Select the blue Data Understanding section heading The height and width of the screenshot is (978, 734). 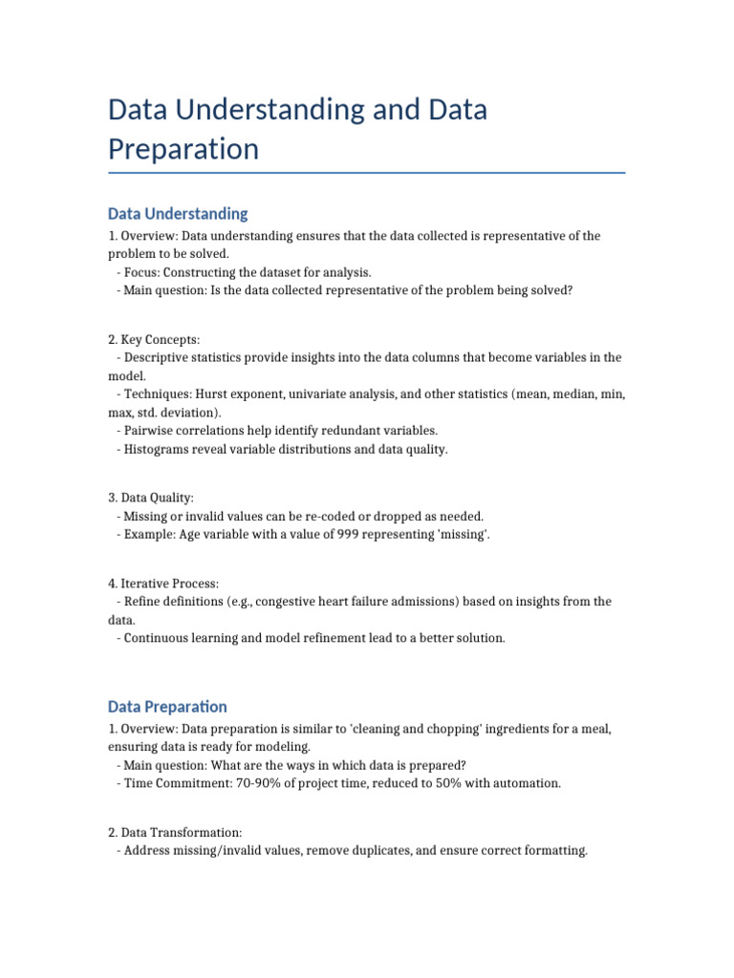tap(178, 213)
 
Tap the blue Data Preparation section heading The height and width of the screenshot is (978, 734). tap(167, 707)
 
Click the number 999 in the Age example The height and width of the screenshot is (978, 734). tap(348, 534)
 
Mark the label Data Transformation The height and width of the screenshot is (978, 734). tap(176, 832)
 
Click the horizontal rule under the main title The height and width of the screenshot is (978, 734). tap(367, 173)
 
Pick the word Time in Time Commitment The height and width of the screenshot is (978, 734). tap(139, 783)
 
